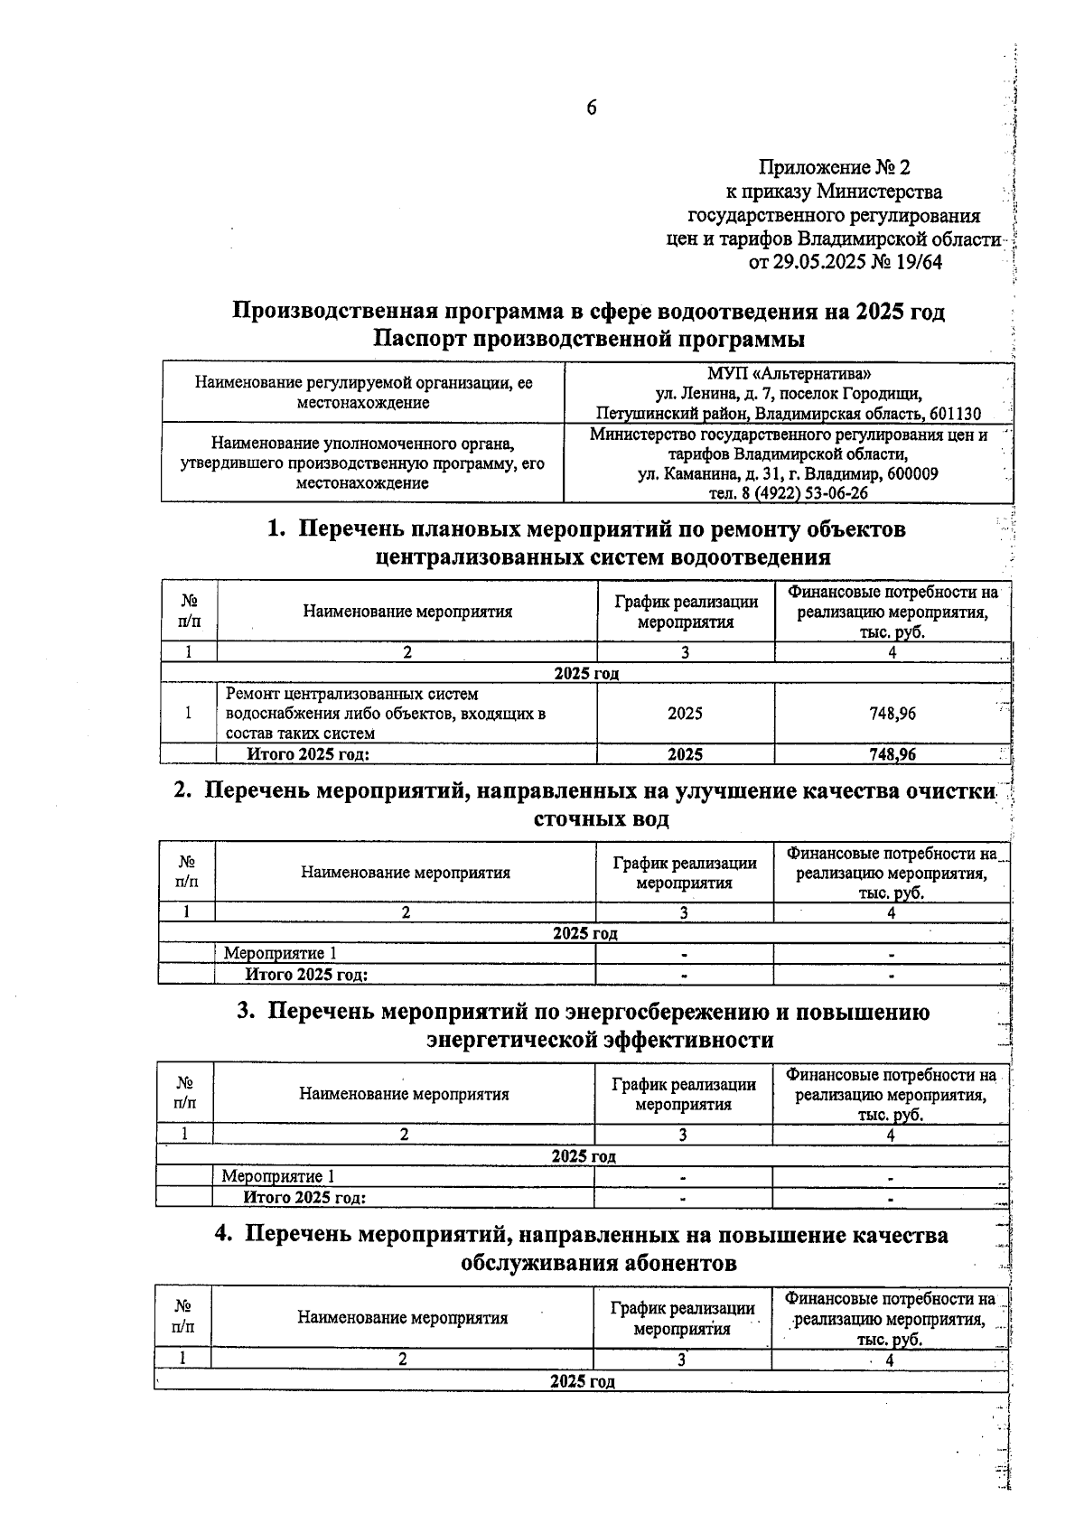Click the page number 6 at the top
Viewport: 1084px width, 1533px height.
click(592, 108)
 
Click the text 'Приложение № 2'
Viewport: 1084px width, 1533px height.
click(835, 167)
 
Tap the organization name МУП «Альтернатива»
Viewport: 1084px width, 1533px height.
click(790, 373)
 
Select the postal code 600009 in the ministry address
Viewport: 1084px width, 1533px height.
click(907, 474)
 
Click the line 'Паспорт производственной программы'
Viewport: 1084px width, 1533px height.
click(588, 340)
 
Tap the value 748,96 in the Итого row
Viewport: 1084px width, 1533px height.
click(892, 754)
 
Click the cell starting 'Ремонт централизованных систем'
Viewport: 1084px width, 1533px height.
click(386, 714)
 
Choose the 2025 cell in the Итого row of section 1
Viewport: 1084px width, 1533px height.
click(685, 754)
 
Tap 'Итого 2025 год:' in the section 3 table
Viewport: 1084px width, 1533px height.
click(304, 1198)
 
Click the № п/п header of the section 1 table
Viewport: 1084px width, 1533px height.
click(189, 612)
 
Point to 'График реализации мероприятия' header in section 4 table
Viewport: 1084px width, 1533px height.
click(682, 1318)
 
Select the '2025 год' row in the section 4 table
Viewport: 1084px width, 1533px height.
click(582, 1381)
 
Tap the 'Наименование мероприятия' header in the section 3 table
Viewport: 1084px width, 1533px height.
click(404, 1094)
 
